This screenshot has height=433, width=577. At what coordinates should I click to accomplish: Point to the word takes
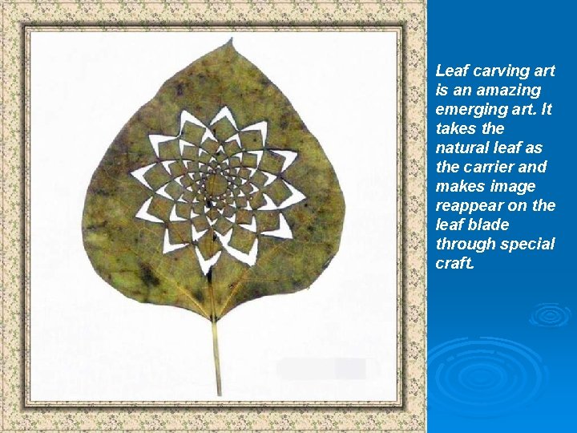pyautogui.click(x=458, y=129)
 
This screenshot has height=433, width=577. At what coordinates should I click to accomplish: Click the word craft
pyautogui.click(x=454, y=264)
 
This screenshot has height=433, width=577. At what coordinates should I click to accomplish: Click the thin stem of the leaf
pyautogui.click(x=216, y=353)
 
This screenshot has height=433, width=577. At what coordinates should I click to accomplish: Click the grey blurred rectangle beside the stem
pyautogui.click(x=321, y=369)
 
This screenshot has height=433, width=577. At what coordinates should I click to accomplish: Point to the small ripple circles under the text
pyautogui.click(x=549, y=314)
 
